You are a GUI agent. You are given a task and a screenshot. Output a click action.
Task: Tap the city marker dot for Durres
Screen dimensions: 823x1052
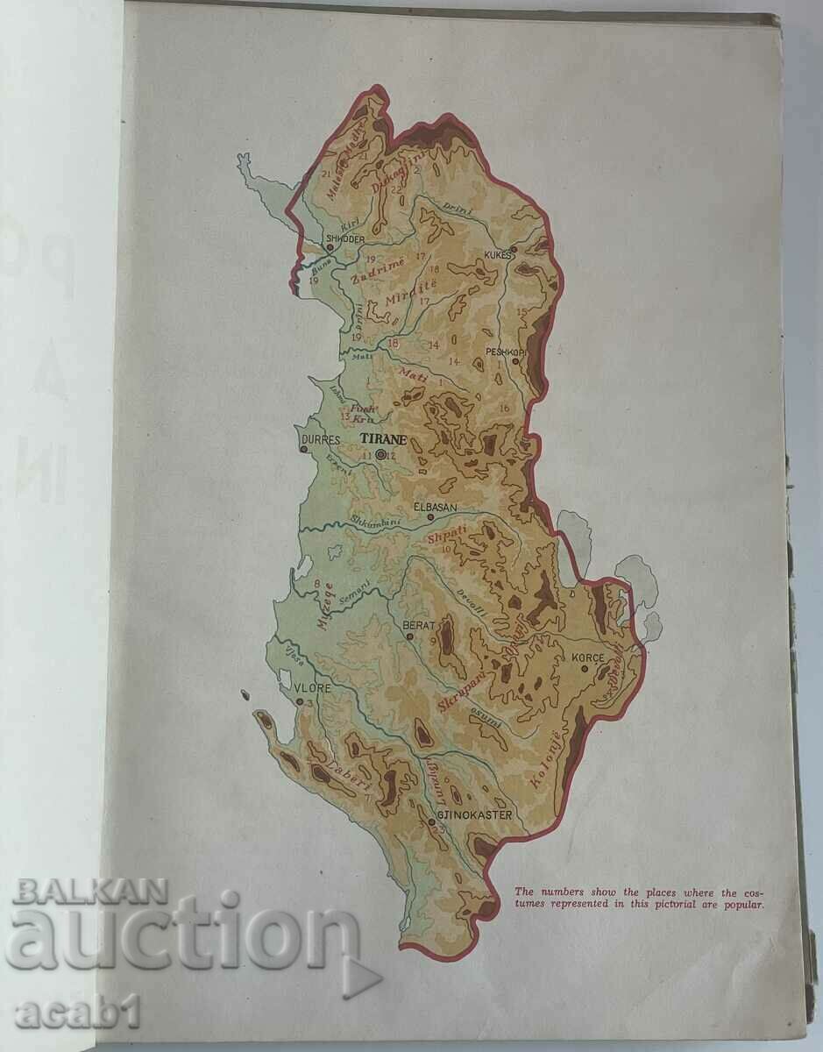[304, 450]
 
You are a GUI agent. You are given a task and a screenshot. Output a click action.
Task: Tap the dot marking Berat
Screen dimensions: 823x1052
[409, 636]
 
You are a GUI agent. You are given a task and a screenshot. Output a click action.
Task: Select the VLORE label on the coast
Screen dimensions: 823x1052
[314, 688]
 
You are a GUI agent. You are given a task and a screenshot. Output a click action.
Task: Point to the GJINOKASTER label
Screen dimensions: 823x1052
[474, 813]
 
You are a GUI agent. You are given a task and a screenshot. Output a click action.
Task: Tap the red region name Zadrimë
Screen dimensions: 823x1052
[377, 267]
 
